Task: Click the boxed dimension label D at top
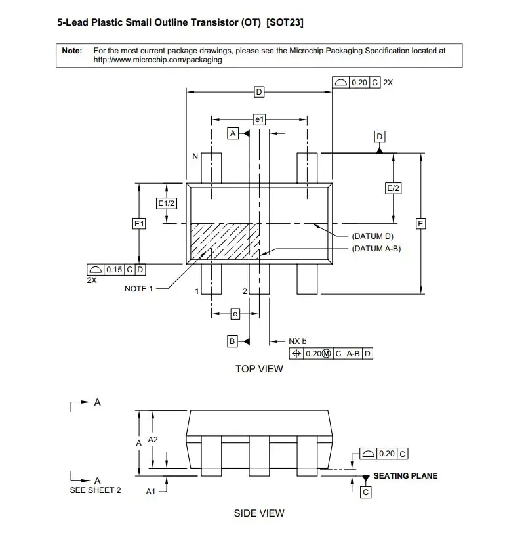[x=259, y=92]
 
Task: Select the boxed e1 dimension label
[x=259, y=119]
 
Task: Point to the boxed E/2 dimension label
[x=394, y=188]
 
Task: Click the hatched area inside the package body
[x=222, y=243]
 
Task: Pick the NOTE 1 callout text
[x=138, y=289]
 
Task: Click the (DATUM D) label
[x=372, y=236]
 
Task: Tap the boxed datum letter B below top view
[x=232, y=341]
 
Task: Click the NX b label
[x=298, y=341]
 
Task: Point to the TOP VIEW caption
[x=259, y=369]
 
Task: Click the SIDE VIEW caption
[x=259, y=513]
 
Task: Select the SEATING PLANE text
[x=405, y=475]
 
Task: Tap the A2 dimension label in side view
[x=153, y=439]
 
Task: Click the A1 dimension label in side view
[x=150, y=491]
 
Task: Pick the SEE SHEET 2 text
[x=95, y=490]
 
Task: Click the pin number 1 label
[x=196, y=291]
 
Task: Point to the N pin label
[x=195, y=157]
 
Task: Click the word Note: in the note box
[x=71, y=50]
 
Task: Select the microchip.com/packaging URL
[x=157, y=59]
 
